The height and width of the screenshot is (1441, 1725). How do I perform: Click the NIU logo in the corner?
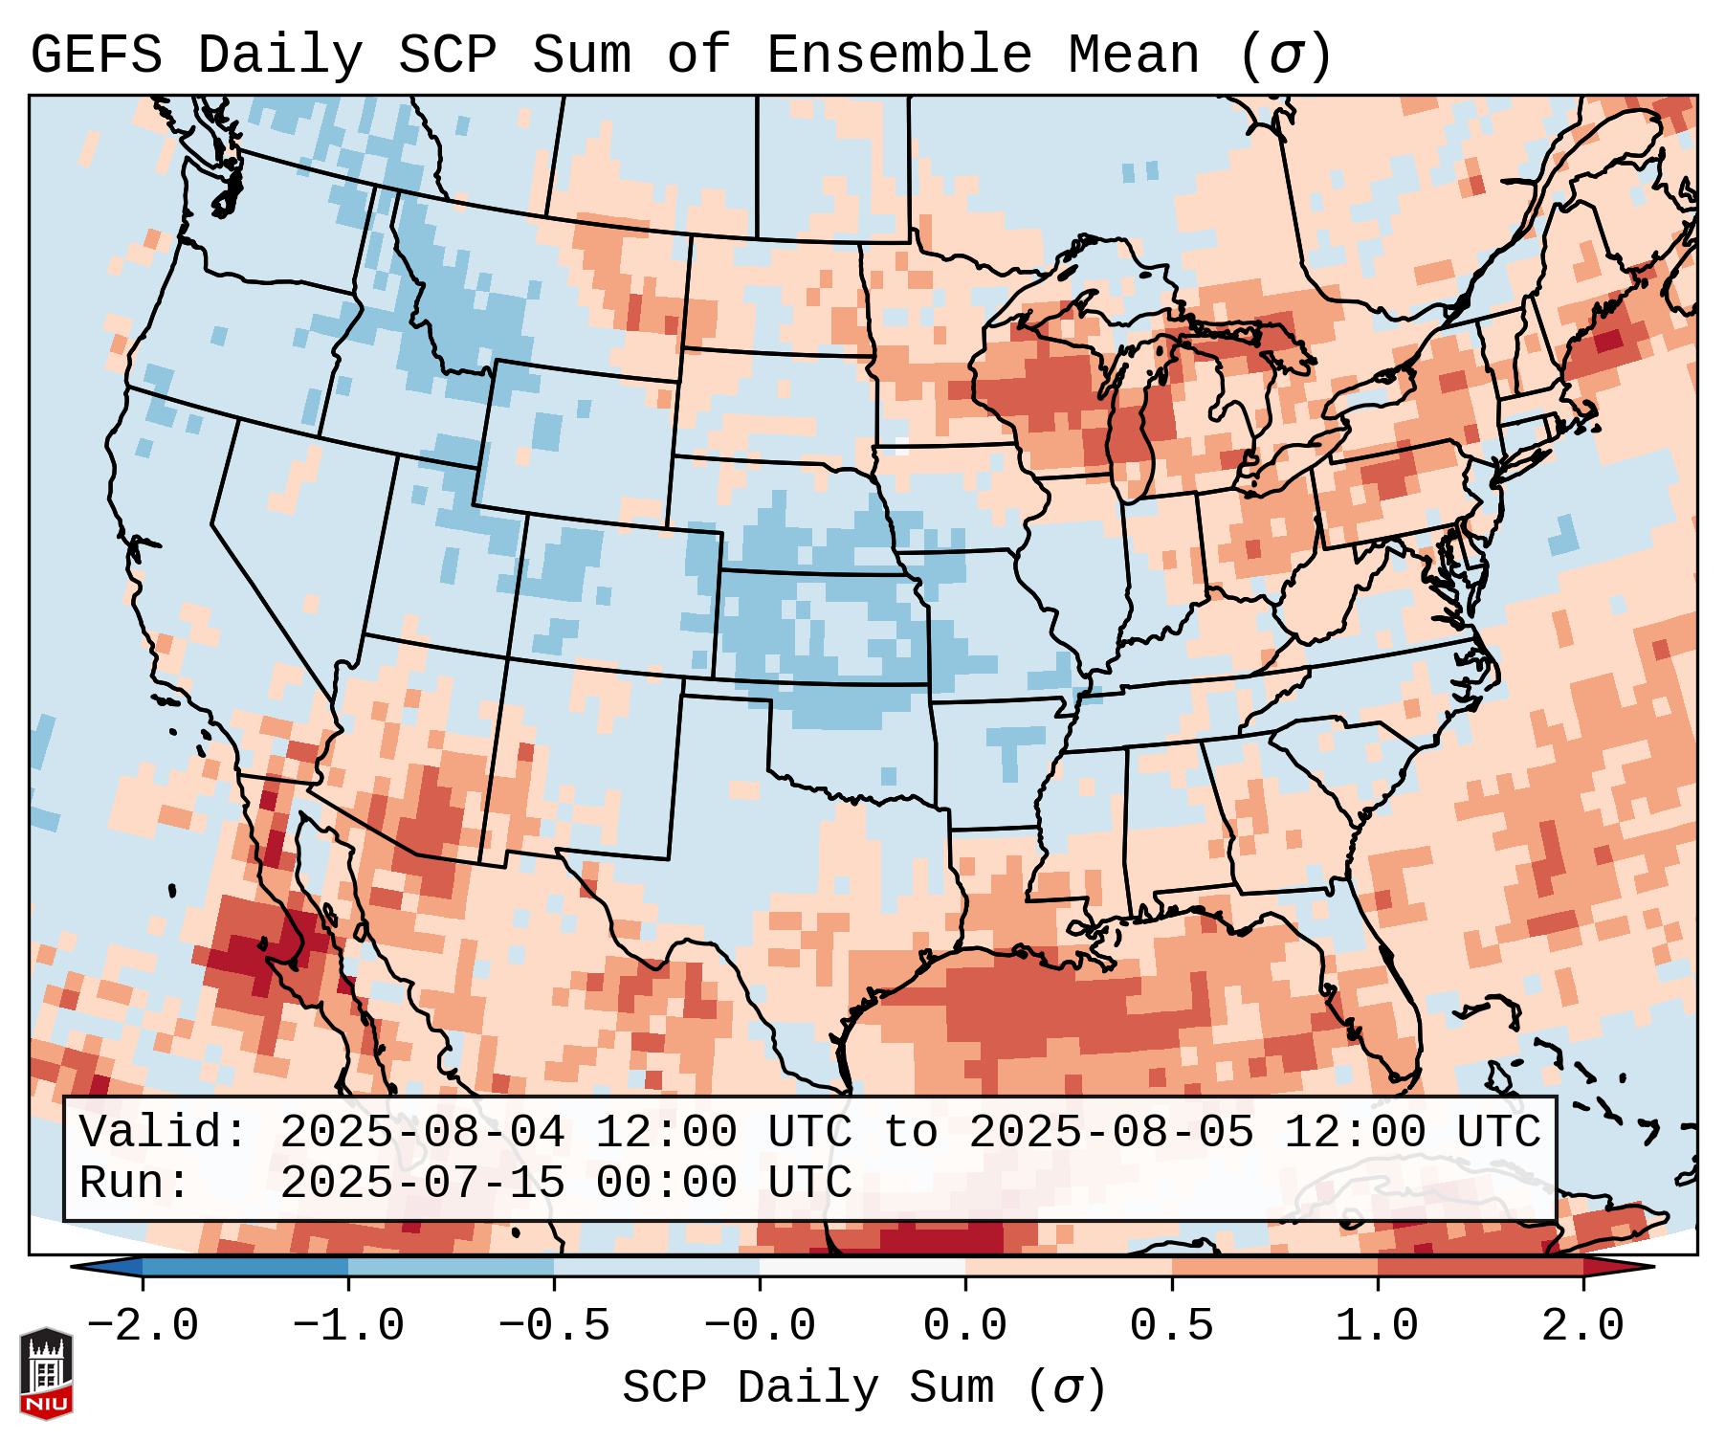click(x=46, y=1373)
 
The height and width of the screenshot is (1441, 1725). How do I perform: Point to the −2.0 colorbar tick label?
click(x=143, y=1326)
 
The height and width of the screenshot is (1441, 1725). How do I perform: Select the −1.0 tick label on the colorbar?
click(x=348, y=1326)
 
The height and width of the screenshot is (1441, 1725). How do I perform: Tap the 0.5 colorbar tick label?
click(x=1172, y=1326)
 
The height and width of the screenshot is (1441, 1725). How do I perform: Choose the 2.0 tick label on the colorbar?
click(x=1583, y=1326)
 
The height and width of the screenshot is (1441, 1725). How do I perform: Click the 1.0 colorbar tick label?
click(x=1378, y=1326)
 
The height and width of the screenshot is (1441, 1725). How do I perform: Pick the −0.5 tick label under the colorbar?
click(x=554, y=1326)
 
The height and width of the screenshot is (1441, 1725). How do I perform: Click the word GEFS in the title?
click(x=96, y=55)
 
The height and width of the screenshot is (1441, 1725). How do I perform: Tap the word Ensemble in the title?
click(x=899, y=55)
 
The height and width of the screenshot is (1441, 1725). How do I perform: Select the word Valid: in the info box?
click(x=164, y=1133)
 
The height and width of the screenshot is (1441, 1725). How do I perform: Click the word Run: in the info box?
click(x=135, y=1183)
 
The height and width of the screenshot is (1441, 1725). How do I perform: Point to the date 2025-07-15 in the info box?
click(x=422, y=1183)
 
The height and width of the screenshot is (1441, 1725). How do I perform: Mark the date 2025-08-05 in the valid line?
click(x=1111, y=1133)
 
